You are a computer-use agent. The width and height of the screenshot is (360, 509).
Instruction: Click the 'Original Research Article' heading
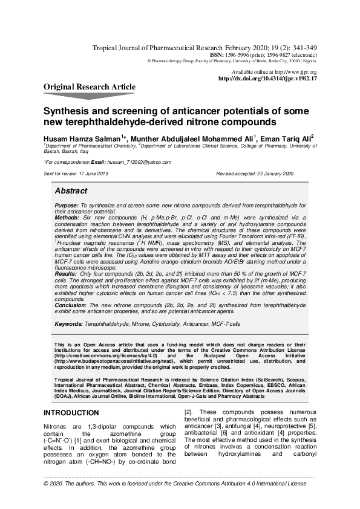tap(90, 87)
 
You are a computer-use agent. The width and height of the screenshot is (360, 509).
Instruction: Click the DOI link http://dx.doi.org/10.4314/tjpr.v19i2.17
tap(267, 79)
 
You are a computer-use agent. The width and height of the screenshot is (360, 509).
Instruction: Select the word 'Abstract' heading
tap(71, 190)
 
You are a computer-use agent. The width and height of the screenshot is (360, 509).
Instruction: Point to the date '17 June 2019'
tap(93, 173)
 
